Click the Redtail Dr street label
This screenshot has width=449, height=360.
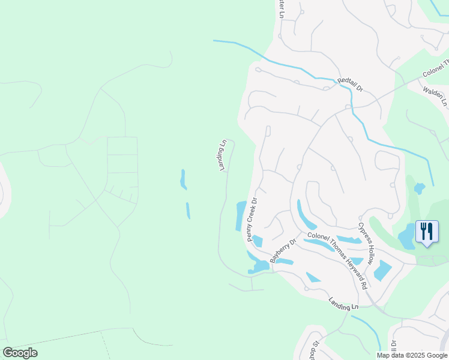(351, 84)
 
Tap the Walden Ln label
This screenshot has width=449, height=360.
(436, 96)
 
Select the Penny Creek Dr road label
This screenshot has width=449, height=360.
(252, 220)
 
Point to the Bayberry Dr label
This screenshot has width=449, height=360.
(283, 251)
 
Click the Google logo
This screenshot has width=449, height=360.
(20, 353)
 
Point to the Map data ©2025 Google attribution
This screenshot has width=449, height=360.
(412, 355)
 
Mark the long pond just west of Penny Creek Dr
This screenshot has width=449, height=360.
(240, 215)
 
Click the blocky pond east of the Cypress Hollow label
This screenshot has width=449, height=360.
(382, 271)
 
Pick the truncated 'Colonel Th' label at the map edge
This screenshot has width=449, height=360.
(436, 68)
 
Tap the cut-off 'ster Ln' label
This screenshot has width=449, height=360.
(280, 8)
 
